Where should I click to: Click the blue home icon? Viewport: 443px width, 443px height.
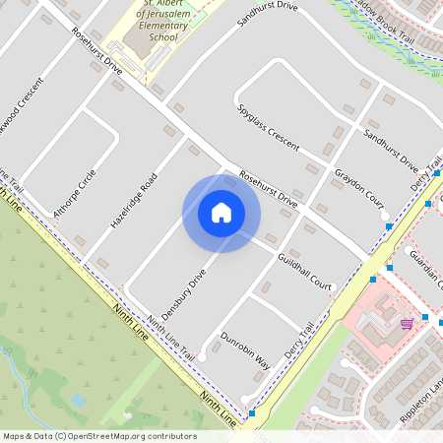pyautogui.click(x=221, y=213)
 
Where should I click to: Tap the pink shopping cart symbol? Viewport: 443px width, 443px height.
pyautogui.click(x=407, y=323)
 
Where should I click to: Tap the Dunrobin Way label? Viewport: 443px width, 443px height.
pyautogui.click(x=245, y=348)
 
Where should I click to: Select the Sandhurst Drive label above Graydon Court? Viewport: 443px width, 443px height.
pyautogui.click(x=391, y=148)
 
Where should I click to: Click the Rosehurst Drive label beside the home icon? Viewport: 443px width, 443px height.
pyautogui.click(x=267, y=186)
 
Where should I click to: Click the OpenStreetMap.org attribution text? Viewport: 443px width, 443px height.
pyautogui.click(x=99, y=436)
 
